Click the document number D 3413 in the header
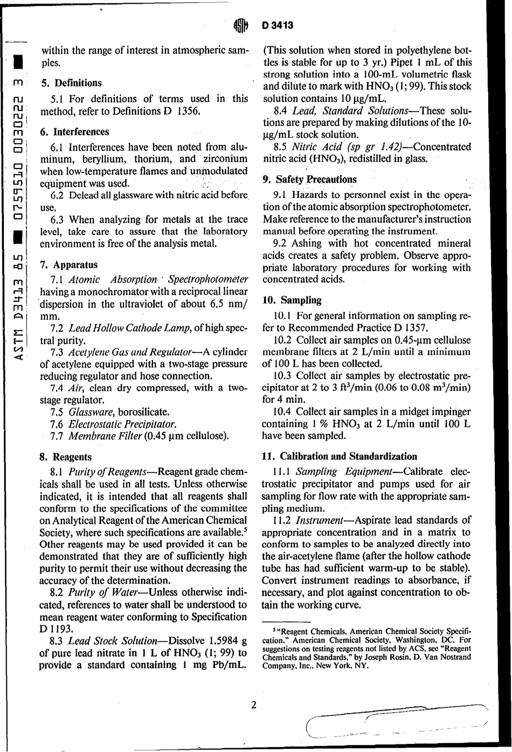[x=278, y=25]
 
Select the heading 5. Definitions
[x=71, y=83]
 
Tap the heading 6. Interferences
[x=75, y=131]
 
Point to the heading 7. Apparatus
[x=70, y=264]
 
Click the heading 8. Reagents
[x=66, y=457]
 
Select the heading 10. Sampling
[x=292, y=300]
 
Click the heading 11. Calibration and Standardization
[x=340, y=456]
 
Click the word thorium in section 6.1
[x=153, y=159]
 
